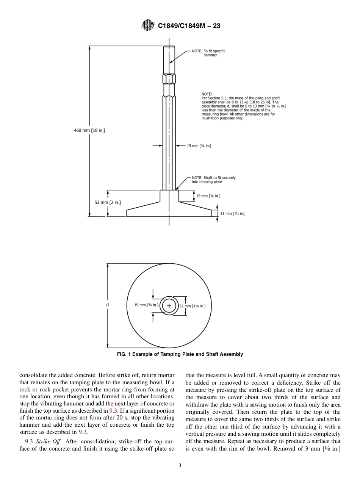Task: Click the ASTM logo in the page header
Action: point(148,25)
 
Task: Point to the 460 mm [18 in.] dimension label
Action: point(89,130)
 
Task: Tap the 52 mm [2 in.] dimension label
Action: point(108,202)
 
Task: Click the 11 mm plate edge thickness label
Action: point(233,214)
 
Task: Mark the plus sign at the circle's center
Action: point(169,306)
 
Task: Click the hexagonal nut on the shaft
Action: point(169,79)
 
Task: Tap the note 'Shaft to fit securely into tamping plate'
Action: point(211,180)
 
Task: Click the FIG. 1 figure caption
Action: point(180,354)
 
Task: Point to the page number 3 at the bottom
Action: point(180,466)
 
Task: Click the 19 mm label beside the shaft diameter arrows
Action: point(199,145)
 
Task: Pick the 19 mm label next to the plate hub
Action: point(208,196)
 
